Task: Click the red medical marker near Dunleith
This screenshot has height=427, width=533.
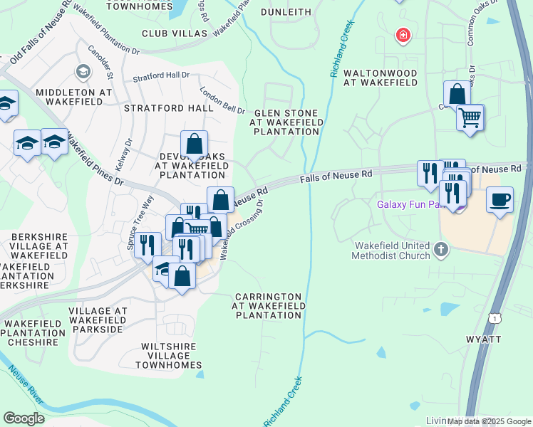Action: click(403, 35)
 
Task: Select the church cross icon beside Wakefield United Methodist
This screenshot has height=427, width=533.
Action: click(441, 250)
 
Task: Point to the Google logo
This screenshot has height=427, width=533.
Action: click(23, 418)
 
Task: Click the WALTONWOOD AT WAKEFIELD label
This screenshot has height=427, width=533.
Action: click(380, 78)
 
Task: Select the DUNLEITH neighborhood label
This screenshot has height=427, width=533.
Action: click(286, 12)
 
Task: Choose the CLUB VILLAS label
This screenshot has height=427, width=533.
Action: click(175, 33)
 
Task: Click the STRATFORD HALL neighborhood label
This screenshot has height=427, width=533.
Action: click(168, 108)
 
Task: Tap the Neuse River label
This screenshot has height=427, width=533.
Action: click(26, 386)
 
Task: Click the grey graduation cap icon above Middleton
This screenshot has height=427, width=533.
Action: click(83, 71)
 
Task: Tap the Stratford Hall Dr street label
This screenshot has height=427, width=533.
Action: click(165, 75)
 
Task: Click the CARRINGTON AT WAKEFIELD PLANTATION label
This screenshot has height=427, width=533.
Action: click(269, 305)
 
